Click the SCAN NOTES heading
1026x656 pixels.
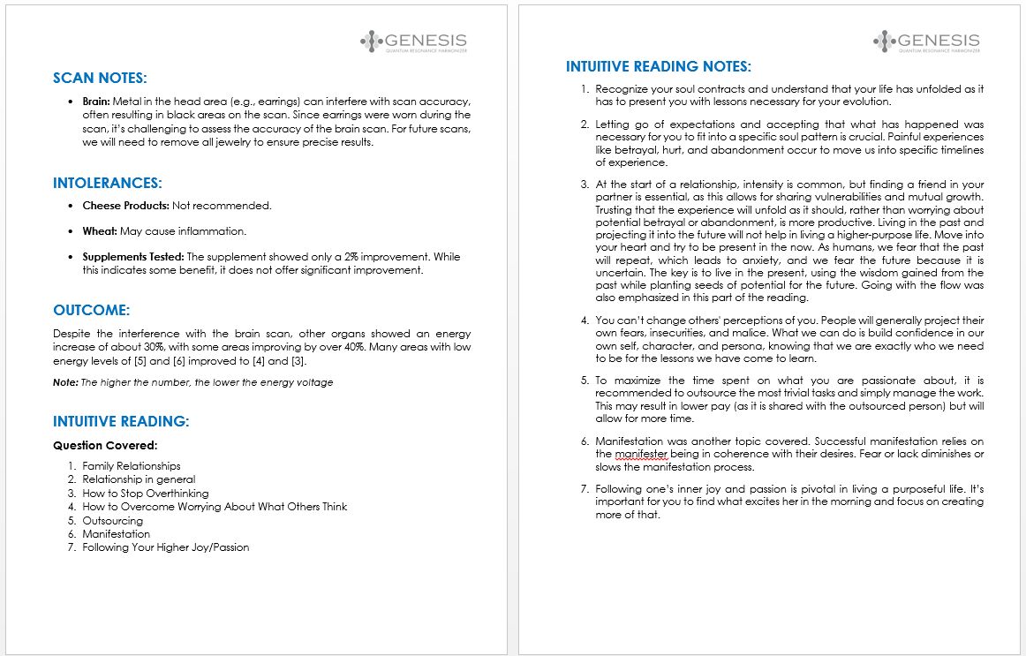pyautogui.click(x=100, y=78)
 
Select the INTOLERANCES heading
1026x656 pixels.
pyautogui.click(x=107, y=184)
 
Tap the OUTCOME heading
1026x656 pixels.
pyautogui.click(x=91, y=311)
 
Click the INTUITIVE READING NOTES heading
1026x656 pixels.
pyautogui.click(x=658, y=66)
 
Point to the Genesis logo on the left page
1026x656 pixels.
pyautogui.click(x=413, y=41)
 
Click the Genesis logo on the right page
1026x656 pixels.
pyautogui.click(x=925, y=41)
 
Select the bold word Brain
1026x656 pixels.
pyautogui.click(x=96, y=102)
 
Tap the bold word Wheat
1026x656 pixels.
pyautogui.click(x=99, y=231)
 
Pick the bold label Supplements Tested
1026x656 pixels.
pyautogui.click(x=133, y=257)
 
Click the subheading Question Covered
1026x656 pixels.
pyautogui.click(x=105, y=446)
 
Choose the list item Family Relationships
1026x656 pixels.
pyautogui.click(x=132, y=466)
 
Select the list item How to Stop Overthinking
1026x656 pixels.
pyautogui.click(x=146, y=494)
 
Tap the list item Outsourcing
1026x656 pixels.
pyautogui.click(x=112, y=521)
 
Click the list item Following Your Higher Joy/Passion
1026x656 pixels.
pyautogui.click(x=166, y=547)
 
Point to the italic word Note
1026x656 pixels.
pyautogui.click(x=64, y=382)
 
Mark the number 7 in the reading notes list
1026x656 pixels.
pyautogui.click(x=584, y=488)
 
